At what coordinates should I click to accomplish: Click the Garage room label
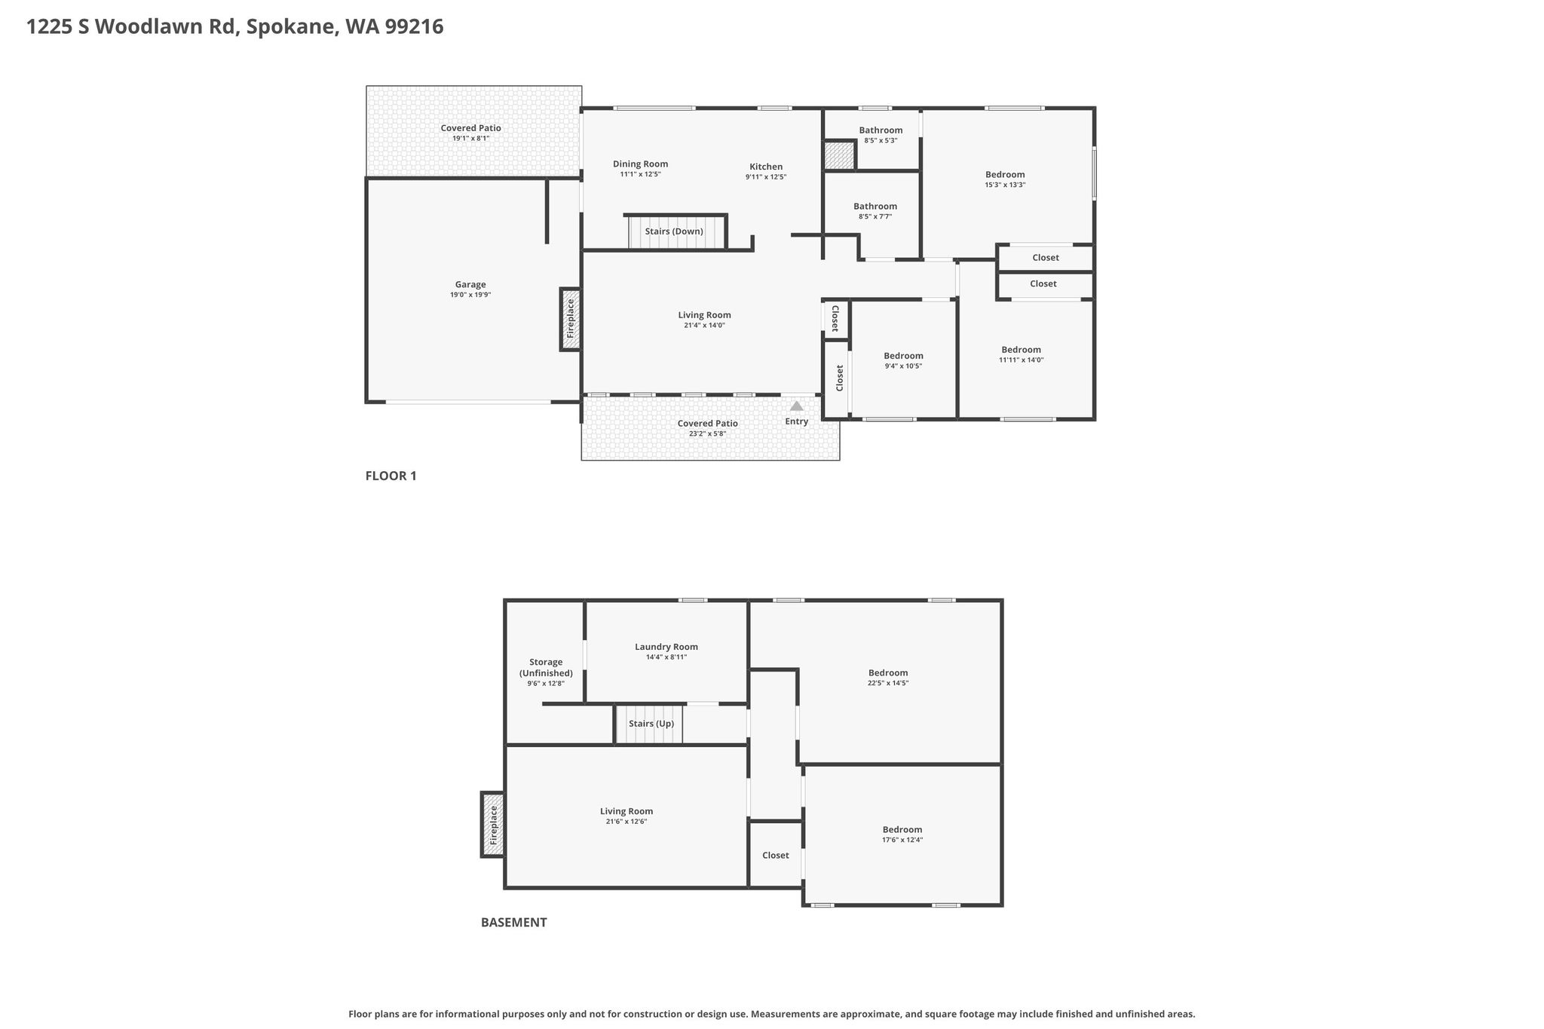(470, 285)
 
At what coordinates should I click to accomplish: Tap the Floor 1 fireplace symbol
(571, 320)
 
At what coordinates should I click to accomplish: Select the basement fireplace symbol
(493, 825)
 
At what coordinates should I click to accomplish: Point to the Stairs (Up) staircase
(650, 724)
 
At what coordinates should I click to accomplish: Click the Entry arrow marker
(796, 406)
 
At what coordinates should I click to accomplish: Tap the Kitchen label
(766, 167)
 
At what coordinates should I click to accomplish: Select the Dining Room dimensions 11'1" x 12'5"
(640, 174)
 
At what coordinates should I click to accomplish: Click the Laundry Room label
(666, 647)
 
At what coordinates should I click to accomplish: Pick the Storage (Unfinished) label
(546, 668)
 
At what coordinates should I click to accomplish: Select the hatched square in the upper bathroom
(839, 155)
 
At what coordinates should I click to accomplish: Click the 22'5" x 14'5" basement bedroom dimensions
(888, 683)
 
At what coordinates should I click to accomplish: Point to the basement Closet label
(776, 856)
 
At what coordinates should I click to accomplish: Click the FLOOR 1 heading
(391, 476)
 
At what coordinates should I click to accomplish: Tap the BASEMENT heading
(514, 922)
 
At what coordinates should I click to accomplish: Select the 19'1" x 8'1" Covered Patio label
(471, 133)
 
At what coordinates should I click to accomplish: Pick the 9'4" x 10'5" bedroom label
(903, 360)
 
